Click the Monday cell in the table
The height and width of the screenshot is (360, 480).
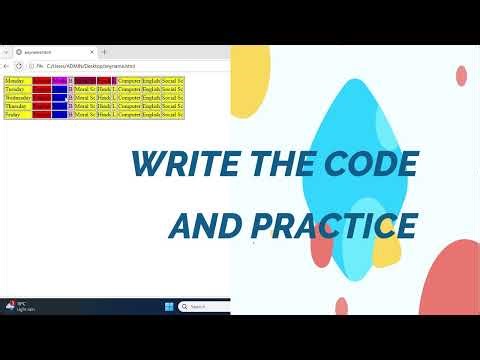pyautogui.click(x=17, y=80)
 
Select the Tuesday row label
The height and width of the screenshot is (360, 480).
pyautogui.click(x=17, y=89)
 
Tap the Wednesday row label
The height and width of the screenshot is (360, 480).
pyautogui.click(x=18, y=97)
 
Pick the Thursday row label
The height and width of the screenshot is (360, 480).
pyautogui.click(x=17, y=106)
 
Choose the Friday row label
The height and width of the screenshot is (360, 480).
pyautogui.click(x=17, y=115)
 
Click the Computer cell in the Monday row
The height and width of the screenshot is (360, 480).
pyautogui.click(x=129, y=80)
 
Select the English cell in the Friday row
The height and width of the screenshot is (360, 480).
pyautogui.click(x=151, y=115)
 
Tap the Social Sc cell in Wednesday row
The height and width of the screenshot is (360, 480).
pyautogui.click(x=172, y=97)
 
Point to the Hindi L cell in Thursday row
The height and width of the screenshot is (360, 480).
pyautogui.click(x=106, y=106)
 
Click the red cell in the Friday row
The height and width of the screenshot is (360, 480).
pyautogui.click(x=41, y=115)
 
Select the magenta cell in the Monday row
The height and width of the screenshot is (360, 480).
pyautogui.click(x=59, y=80)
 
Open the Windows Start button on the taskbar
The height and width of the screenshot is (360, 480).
pyautogui.click(x=168, y=306)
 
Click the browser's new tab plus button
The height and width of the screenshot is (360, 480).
pyautogui.click(x=104, y=52)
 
